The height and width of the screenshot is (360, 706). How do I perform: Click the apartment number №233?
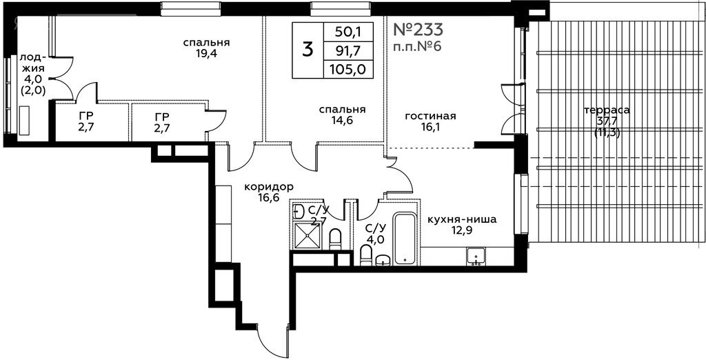(x=418, y=30)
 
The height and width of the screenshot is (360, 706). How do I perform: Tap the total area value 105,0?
(x=348, y=69)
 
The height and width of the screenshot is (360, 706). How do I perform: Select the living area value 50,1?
(x=348, y=32)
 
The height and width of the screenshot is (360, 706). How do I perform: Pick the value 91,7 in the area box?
(x=348, y=50)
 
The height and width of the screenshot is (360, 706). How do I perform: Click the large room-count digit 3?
(x=307, y=50)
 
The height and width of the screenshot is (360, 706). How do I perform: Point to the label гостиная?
(x=430, y=117)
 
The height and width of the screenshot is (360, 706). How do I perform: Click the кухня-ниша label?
(x=462, y=220)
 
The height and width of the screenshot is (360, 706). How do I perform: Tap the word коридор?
(x=269, y=186)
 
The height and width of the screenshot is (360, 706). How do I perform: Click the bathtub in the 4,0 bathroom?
(x=407, y=239)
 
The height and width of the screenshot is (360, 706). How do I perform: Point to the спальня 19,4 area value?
(x=207, y=54)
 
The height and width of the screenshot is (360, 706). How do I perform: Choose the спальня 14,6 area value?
(x=342, y=120)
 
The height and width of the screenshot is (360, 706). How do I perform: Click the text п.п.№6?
(x=416, y=47)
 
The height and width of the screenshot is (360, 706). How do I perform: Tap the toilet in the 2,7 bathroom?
(x=336, y=239)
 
